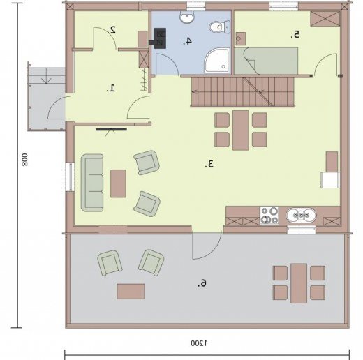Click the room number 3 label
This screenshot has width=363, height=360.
point(209,164)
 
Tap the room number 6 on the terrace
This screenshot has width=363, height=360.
point(202,283)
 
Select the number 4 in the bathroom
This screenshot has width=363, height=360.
point(187,41)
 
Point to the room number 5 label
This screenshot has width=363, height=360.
point(295,35)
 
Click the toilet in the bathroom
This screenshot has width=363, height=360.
point(220,27)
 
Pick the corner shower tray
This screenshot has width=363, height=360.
point(217,61)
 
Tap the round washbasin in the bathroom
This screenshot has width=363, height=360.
point(187,17)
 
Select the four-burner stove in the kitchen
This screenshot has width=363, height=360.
point(269,216)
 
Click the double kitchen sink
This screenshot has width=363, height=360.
point(301,216)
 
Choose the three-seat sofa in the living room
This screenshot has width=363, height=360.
point(92,183)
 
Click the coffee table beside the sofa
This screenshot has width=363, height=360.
point(118,183)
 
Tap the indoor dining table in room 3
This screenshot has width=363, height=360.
point(241,130)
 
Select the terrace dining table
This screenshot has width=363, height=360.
point(299,283)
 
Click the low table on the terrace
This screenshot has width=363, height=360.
point(131,292)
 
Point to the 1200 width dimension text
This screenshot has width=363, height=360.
point(199,343)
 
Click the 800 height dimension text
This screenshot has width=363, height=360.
point(24,160)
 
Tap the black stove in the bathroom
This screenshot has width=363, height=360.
point(158,38)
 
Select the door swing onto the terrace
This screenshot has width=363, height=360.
point(207,246)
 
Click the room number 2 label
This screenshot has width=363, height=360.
point(112,30)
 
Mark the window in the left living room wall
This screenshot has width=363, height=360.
point(70,177)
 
